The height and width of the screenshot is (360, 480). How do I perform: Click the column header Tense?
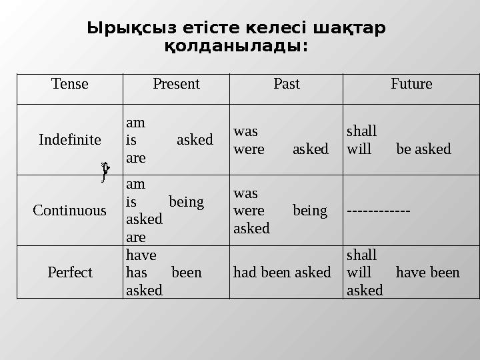pos(69,85)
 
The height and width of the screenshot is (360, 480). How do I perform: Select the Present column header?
pos(176,85)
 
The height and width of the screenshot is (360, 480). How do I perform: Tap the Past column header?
pos(287,85)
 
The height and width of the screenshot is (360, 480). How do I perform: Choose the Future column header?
pos(411,85)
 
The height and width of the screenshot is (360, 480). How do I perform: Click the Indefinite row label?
pos(70,140)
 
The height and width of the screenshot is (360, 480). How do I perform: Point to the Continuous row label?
pos(69,211)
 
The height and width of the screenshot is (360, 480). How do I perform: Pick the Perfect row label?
pos(70,273)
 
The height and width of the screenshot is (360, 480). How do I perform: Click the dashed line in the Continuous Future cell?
pos(378,211)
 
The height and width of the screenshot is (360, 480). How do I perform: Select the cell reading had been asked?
pos(282,273)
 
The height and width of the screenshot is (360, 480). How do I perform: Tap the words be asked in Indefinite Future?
pos(423,149)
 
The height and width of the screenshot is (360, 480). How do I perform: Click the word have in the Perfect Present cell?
pos(141,255)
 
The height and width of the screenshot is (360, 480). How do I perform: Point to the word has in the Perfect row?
pos(137,273)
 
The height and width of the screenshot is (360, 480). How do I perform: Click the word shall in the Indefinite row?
pos(361,131)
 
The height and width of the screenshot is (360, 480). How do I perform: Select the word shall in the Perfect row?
pos(361,255)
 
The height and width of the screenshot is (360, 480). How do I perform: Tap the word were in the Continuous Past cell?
pos(249,211)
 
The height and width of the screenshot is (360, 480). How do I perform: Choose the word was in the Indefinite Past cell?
pos(245,131)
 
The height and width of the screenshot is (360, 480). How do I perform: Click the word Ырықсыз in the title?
pos(125,29)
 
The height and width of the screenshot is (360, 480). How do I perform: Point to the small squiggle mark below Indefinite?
pos(104,171)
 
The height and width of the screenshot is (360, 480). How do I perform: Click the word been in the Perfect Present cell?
pos(187,273)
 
